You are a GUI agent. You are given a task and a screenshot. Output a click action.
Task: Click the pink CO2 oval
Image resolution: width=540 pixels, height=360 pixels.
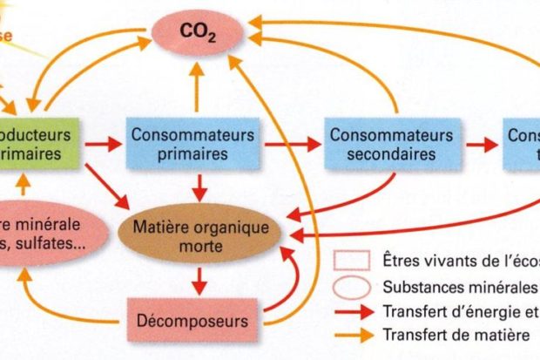[198, 34]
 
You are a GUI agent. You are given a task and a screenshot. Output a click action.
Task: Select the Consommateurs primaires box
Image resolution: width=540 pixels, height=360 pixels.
[192, 144]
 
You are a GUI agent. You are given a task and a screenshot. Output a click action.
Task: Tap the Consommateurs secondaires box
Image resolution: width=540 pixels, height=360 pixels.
[391, 144]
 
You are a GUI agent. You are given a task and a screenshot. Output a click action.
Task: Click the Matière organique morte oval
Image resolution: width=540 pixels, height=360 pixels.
[201, 237]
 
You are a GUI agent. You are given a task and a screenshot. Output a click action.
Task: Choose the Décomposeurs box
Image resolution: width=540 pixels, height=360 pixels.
[192, 320]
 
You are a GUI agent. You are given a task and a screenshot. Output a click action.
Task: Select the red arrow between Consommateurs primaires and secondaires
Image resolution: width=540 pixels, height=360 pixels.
[294, 145]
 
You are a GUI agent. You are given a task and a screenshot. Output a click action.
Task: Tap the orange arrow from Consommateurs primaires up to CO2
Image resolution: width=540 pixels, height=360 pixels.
[198, 88]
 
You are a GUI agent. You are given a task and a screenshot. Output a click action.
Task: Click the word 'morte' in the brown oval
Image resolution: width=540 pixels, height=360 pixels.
[201, 247]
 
